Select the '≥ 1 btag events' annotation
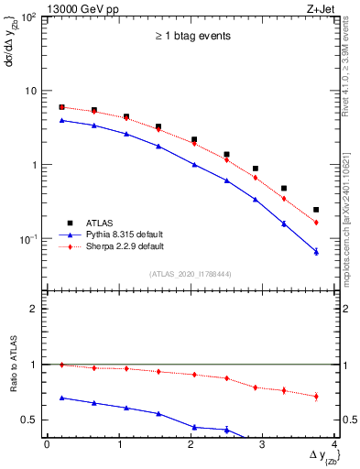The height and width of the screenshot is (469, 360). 191,37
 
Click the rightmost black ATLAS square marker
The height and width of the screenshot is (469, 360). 316,210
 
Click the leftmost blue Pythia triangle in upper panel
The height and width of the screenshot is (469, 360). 61,120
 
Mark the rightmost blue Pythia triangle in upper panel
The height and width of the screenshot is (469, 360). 316,251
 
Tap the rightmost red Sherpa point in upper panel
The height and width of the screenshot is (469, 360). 316,223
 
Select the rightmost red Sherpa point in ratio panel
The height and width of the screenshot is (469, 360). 316,397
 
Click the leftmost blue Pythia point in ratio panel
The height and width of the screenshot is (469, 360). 61,398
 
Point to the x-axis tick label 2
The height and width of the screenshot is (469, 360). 191,444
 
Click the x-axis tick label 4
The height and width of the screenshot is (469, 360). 335,444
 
